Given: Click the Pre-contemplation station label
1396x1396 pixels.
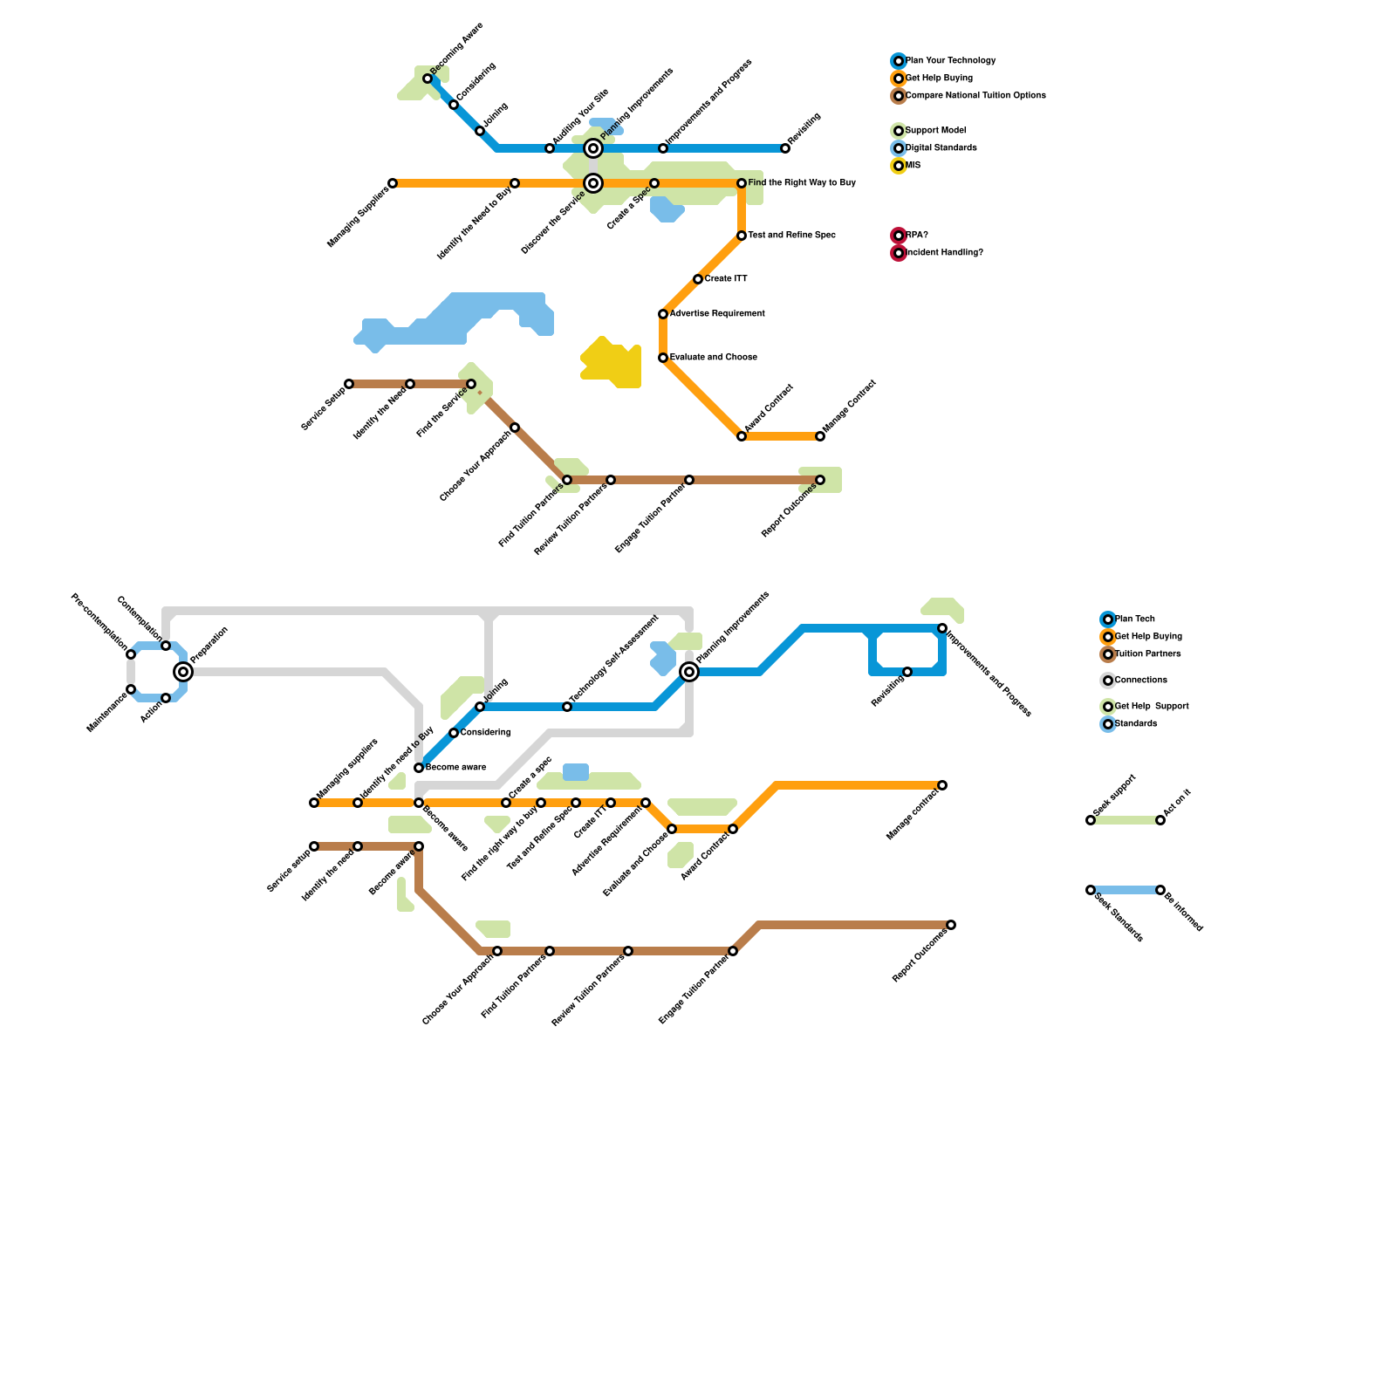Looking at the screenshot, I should [99, 621].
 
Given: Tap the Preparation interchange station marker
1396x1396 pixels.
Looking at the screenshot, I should [183, 672].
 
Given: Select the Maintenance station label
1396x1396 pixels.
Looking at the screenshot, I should [106, 711].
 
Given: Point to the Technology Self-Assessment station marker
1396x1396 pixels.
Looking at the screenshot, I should [567, 707].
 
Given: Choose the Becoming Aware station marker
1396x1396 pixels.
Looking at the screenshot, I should [428, 79].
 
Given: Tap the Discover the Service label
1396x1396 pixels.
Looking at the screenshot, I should [553, 222].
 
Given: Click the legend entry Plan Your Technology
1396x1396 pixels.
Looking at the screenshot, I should [950, 61].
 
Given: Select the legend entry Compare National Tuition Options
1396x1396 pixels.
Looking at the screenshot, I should [975, 96].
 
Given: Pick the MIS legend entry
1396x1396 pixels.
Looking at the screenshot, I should [913, 166].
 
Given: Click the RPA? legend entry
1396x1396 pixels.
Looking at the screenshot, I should [916, 236].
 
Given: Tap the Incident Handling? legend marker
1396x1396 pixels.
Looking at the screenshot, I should [899, 253].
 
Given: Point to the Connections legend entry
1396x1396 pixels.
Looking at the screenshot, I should [1140, 681].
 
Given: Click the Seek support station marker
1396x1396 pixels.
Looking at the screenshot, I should [1091, 820].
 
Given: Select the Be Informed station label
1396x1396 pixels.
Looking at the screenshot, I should [1183, 910].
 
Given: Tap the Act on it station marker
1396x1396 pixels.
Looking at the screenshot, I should [1160, 820].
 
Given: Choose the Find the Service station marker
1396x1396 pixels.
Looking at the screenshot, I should [471, 384].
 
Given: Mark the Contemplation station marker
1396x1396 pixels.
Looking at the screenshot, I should [166, 646].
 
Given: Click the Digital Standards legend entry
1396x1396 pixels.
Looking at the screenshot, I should [941, 148].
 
